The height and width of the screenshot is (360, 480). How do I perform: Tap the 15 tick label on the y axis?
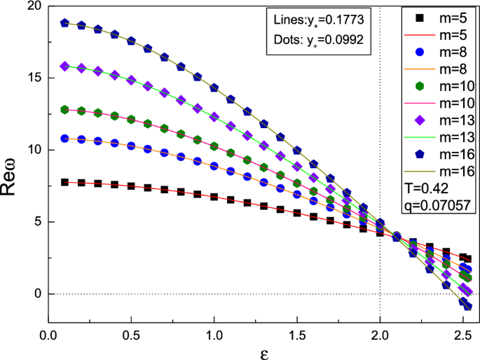[x=34, y=78]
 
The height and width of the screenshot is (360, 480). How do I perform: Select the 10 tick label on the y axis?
[x=34, y=150]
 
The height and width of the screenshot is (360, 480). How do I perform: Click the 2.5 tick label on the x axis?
[x=462, y=326]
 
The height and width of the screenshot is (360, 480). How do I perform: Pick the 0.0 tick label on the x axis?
[x=48, y=326]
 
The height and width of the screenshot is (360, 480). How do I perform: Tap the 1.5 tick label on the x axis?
[x=297, y=326]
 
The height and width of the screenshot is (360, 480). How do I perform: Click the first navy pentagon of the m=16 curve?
[x=65, y=22]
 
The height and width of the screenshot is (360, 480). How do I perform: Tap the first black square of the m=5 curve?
[x=65, y=182]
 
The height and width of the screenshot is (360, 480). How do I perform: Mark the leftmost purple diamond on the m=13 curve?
[x=65, y=66]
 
